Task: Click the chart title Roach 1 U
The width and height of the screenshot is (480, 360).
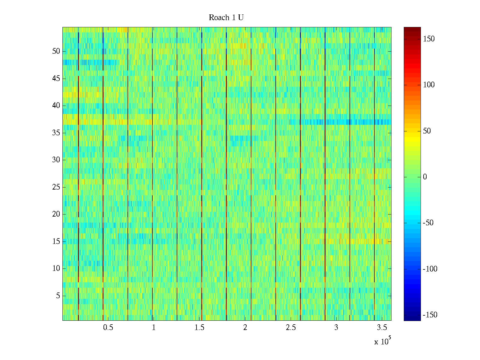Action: point(226,18)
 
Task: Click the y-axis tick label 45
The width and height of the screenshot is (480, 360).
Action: point(56,79)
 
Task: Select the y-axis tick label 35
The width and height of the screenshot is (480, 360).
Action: point(56,133)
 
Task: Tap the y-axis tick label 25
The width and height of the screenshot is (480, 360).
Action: point(56,187)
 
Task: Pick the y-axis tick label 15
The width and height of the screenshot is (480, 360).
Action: point(56,241)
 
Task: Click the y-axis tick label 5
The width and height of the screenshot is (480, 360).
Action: point(58,296)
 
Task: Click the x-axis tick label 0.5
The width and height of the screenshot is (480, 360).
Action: point(108,328)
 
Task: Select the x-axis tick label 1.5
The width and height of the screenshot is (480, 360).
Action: point(199,328)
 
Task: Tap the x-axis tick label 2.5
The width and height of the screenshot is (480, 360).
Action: point(291,328)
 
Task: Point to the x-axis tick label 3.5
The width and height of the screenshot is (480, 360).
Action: point(382,328)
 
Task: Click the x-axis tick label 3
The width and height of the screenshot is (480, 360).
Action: point(336,328)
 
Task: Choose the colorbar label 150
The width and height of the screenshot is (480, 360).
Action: point(429,39)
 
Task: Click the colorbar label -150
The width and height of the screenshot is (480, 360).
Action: point(430,315)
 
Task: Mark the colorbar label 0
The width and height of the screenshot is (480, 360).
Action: point(425,177)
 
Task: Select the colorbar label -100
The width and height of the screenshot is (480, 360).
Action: point(430,269)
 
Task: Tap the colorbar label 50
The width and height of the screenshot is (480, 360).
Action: point(427,131)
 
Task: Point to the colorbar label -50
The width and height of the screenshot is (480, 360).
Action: point(428,223)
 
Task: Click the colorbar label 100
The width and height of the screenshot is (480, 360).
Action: point(429,85)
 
